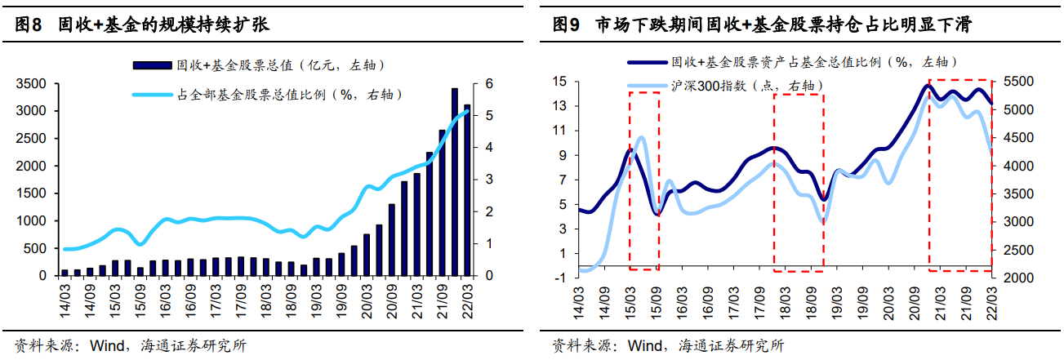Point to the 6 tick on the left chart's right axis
tap(488, 83)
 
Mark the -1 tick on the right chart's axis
tap(560, 278)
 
